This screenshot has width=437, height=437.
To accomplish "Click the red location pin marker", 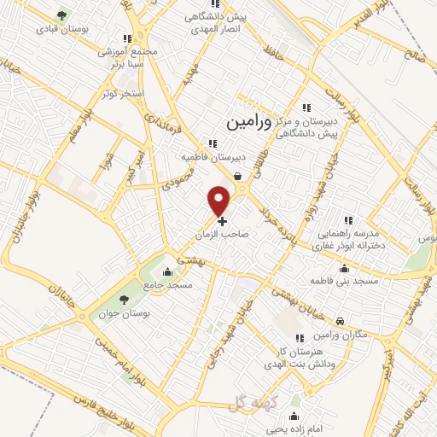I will tap(221, 200).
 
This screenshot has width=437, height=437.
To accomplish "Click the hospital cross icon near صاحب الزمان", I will tap(223, 221).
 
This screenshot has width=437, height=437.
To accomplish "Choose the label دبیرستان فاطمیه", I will tap(202, 158).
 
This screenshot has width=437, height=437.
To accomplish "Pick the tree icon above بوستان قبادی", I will tap(60, 15).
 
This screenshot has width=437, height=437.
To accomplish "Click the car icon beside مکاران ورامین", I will tap(341, 322).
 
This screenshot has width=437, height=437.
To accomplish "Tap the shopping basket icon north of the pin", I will tap(237, 177).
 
